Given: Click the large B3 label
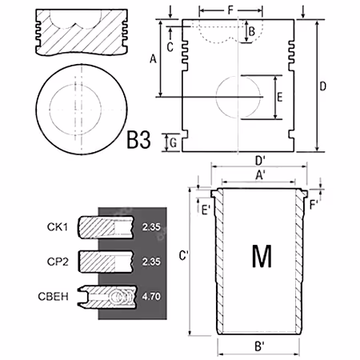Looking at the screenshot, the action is pyautogui.click(x=138, y=140).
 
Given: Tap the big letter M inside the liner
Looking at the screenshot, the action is pyautogui.click(x=262, y=256).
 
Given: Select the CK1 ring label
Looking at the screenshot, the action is pyautogui.click(x=58, y=227).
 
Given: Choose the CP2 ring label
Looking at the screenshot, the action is pyautogui.click(x=58, y=262).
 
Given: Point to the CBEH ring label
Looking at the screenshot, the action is pyautogui.click(x=54, y=297).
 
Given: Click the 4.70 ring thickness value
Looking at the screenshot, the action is pyautogui.click(x=151, y=296).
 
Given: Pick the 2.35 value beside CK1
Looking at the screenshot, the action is pyautogui.click(x=151, y=227).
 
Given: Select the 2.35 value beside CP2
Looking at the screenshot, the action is pyautogui.click(x=151, y=262).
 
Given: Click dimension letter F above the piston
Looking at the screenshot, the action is pyautogui.click(x=230, y=10).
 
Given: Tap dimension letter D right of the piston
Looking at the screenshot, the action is pyautogui.click(x=322, y=86).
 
